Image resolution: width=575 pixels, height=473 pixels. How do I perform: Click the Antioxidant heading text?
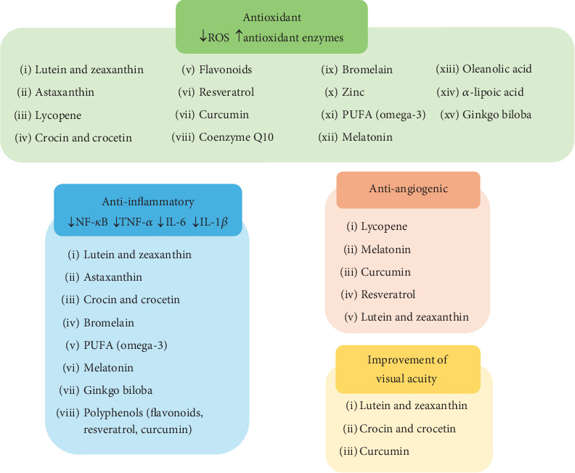(272, 17)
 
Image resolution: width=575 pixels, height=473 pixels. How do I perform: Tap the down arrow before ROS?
(203, 36)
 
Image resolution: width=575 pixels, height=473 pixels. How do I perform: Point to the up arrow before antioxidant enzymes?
(239, 36)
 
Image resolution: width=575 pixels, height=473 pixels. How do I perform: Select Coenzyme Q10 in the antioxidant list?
(236, 137)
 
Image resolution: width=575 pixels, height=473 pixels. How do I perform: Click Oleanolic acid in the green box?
(497, 69)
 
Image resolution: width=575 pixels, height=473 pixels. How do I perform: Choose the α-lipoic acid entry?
(493, 92)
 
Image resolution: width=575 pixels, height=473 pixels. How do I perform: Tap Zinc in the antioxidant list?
(353, 92)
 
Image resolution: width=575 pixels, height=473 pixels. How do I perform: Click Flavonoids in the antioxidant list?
(226, 70)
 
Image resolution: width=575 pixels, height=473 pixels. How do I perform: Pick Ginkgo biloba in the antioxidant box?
(497, 115)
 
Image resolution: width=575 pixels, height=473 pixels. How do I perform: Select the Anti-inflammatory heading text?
(148, 202)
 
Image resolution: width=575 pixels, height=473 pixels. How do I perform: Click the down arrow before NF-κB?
(71, 222)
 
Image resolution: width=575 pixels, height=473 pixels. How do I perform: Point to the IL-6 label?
(176, 222)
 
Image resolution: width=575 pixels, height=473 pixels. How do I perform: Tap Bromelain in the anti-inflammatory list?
(109, 323)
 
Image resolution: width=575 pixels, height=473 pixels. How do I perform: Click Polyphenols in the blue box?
(113, 413)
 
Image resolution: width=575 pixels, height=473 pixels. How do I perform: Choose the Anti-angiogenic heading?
(409, 189)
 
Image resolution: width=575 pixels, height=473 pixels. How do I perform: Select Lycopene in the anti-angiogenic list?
(384, 227)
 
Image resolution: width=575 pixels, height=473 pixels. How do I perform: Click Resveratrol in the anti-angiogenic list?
(388, 295)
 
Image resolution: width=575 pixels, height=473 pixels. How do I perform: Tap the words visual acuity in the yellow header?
(407, 379)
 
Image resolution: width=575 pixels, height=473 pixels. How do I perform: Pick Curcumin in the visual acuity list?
(384, 451)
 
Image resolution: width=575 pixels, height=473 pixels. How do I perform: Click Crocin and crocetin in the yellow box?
(407, 429)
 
